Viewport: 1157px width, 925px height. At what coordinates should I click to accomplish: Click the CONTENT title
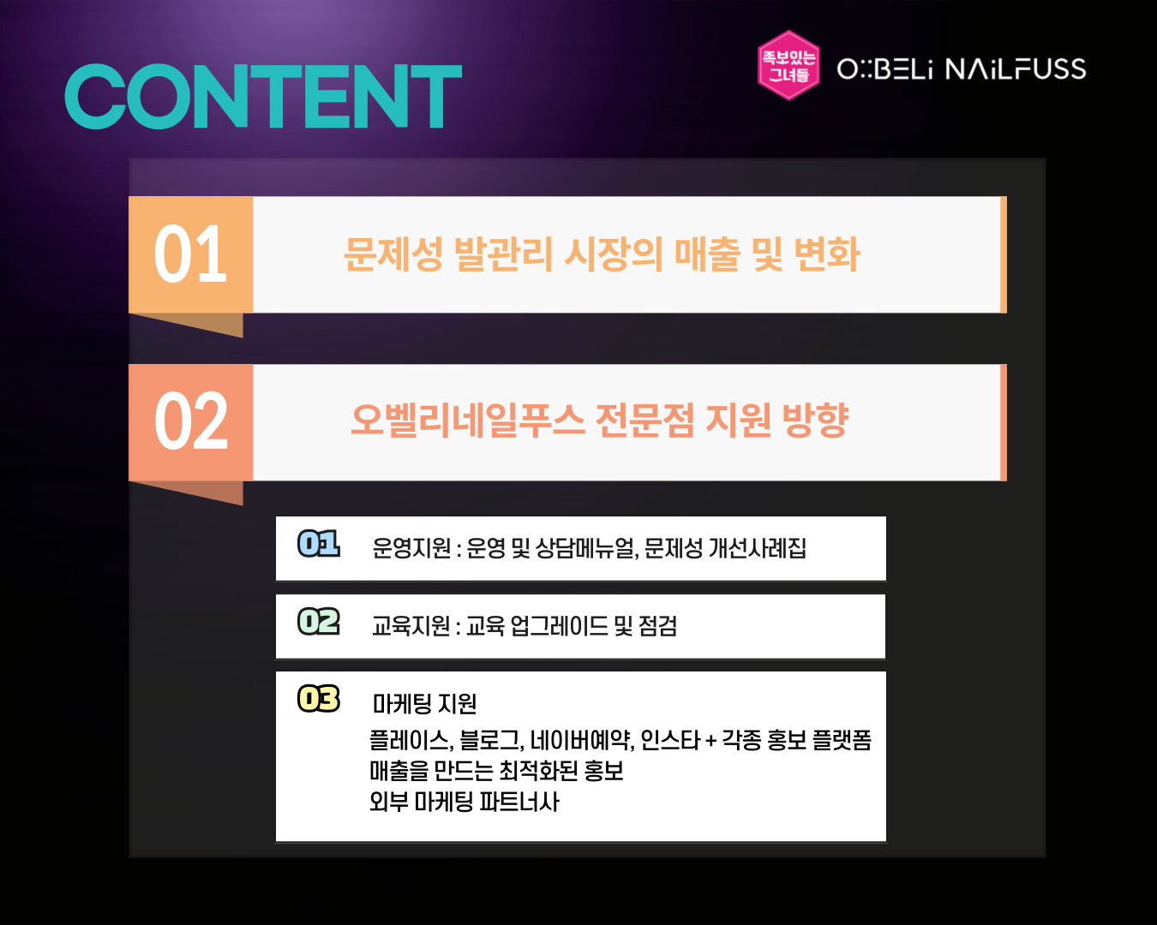coord(263,97)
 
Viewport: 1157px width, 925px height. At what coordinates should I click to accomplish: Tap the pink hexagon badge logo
coord(788,65)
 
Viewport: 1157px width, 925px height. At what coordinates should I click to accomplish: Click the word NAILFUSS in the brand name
coord(1016,69)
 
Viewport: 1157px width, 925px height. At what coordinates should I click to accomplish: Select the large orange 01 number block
coord(191,254)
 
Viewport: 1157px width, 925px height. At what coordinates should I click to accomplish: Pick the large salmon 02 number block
coord(191,422)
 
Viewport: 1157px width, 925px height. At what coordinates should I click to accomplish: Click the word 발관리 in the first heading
coord(504,254)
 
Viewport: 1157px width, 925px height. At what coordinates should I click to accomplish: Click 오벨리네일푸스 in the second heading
coord(467,421)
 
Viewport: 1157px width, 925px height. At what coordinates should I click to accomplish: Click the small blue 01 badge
coord(318,543)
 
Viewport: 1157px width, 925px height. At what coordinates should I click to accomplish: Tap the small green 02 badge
coord(318,621)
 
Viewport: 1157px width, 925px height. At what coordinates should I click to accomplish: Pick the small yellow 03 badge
coord(318,698)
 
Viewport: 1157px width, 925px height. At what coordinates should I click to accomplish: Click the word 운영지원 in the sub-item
coord(411,548)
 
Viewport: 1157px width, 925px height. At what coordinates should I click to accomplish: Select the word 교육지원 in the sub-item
coord(411,625)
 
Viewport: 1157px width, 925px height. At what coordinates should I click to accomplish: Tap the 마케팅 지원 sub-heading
coord(424,703)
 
